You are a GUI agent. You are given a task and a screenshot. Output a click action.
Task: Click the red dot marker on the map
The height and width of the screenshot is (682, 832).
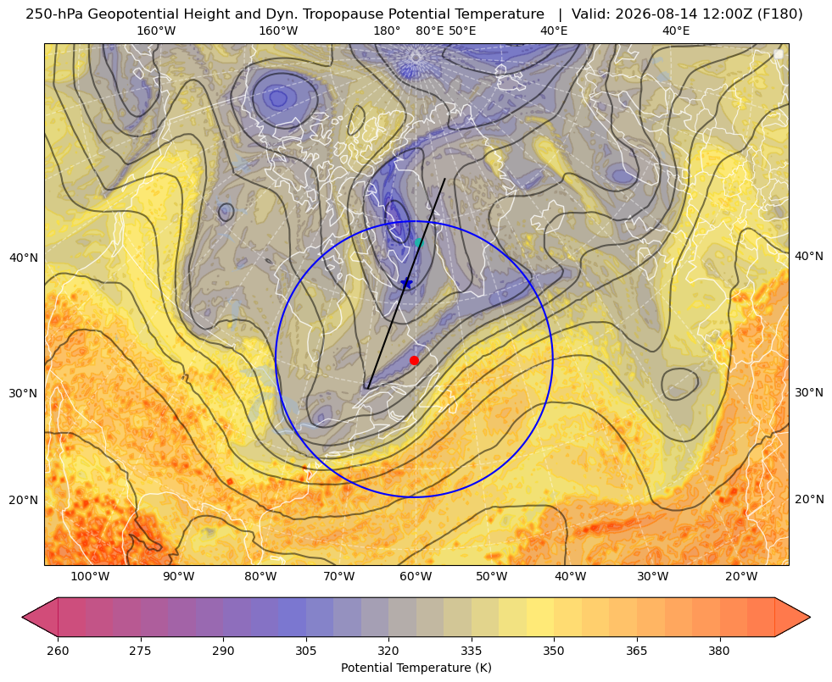click(x=415, y=360)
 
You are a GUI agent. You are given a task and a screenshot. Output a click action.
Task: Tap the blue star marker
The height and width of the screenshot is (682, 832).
click(x=406, y=283)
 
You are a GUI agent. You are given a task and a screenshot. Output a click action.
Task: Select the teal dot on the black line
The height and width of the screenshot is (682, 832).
click(x=419, y=242)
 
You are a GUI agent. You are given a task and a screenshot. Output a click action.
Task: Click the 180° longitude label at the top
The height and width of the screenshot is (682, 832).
click(x=387, y=30)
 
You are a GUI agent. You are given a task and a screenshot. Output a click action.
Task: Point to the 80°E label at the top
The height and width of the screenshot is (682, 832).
click(x=430, y=30)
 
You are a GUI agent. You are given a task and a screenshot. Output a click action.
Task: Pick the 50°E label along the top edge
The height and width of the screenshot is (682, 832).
click(x=462, y=30)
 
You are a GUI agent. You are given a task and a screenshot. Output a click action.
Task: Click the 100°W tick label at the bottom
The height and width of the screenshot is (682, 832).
click(x=90, y=576)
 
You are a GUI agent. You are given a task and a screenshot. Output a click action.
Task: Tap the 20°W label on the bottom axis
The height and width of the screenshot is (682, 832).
click(x=741, y=576)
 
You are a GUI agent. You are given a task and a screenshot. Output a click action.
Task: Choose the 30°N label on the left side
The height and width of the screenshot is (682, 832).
click(x=24, y=393)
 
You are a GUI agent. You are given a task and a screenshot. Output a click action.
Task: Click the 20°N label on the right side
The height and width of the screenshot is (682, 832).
click(x=809, y=499)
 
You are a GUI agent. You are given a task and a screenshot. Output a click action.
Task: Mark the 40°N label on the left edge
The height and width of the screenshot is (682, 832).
click(x=24, y=258)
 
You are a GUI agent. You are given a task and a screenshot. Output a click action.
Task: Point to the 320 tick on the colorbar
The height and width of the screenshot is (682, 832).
click(x=388, y=651)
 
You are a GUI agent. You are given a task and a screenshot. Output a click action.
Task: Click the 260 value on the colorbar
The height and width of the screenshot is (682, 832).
click(x=58, y=651)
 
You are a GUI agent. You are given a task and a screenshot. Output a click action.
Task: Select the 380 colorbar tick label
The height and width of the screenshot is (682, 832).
click(x=719, y=651)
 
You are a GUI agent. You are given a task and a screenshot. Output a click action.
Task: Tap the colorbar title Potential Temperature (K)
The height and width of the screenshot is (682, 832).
click(x=416, y=668)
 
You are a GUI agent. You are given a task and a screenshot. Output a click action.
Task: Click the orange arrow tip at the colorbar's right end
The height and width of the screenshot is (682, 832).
click(x=810, y=617)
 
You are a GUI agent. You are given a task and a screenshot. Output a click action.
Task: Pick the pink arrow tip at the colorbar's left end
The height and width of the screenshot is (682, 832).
click(x=22, y=617)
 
